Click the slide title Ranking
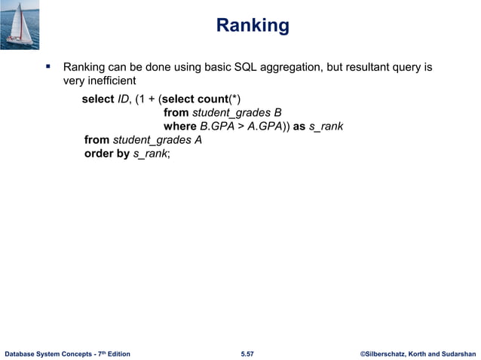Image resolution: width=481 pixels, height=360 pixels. click(252, 26)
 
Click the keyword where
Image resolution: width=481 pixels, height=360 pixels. click(179, 127)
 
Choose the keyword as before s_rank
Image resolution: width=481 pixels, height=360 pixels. click(299, 127)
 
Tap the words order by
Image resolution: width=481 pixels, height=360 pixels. click(107, 154)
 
